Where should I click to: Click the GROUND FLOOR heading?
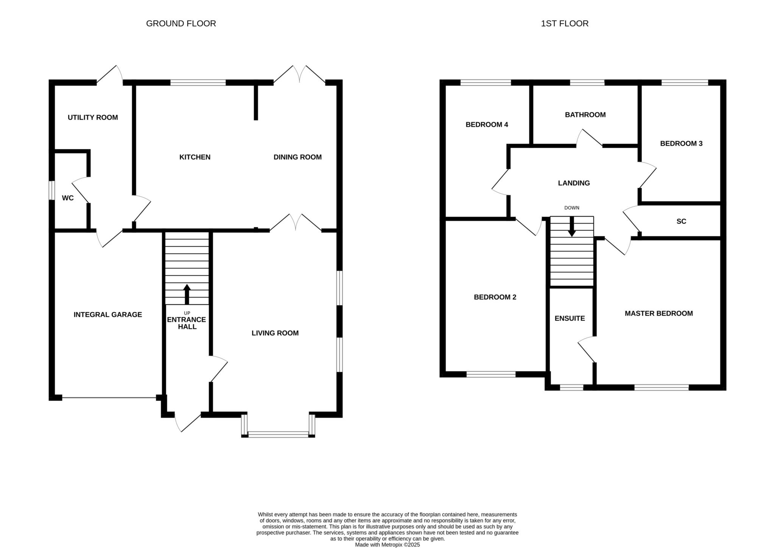[x=181, y=23]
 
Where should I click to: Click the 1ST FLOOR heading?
[x=565, y=23]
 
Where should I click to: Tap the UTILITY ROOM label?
[x=93, y=117]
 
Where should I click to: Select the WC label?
[x=68, y=198]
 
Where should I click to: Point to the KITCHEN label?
[x=195, y=157]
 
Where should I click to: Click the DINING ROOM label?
[x=297, y=157]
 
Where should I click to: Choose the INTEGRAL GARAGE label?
[x=108, y=315]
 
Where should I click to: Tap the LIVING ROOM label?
[x=275, y=333]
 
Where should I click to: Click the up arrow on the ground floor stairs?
[x=187, y=294]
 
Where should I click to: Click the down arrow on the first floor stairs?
[x=572, y=227]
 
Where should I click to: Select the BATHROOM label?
[x=585, y=115]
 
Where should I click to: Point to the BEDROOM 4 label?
[x=487, y=124]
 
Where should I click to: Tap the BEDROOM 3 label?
[x=681, y=143]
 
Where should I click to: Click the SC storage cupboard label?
[x=681, y=221]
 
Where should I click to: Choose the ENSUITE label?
[x=570, y=318]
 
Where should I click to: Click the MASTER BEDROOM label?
[x=659, y=314]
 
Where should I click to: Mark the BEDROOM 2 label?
[x=495, y=297]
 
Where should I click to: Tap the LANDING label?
[x=574, y=183]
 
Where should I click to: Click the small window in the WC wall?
[x=52, y=190]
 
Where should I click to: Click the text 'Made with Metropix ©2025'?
[x=387, y=545]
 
